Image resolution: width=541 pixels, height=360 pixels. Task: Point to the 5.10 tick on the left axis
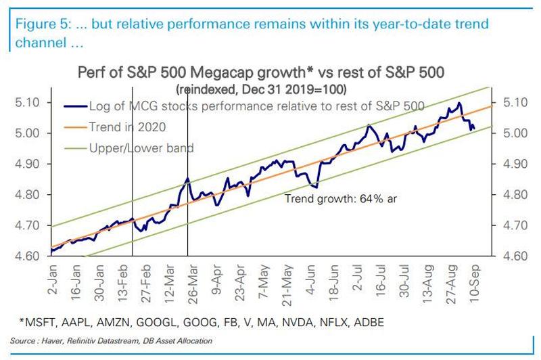pyautogui.click(x=26, y=102)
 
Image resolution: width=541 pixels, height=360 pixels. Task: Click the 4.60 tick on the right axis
pyautogui.click(x=514, y=256)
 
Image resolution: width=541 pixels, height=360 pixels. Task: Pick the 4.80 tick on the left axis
pyautogui.click(x=26, y=195)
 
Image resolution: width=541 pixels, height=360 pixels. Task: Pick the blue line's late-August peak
pyautogui.click(x=460, y=103)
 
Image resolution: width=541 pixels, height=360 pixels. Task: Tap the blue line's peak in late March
pyautogui.click(x=187, y=179)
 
